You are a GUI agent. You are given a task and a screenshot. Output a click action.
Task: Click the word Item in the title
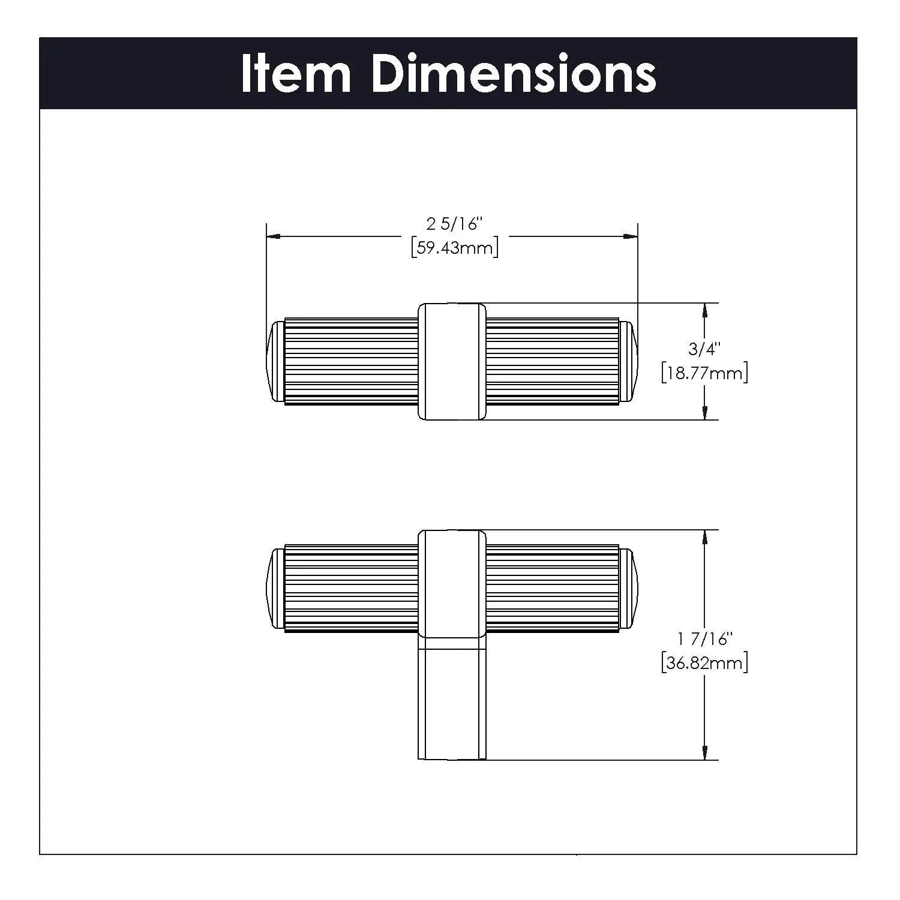point(296,73)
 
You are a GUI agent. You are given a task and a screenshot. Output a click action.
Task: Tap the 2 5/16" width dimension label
point(454,224)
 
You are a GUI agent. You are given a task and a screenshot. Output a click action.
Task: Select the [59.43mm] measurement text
point(455,248)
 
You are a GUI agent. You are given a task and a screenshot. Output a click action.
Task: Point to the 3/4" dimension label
point(704,349)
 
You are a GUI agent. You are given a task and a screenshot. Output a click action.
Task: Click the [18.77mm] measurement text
point(704,373)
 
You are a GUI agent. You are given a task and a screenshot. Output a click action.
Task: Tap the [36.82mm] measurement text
point(704,663)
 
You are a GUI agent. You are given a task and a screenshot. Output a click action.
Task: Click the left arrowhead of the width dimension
point(273,236)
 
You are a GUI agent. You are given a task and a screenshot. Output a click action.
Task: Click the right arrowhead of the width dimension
point(631,236)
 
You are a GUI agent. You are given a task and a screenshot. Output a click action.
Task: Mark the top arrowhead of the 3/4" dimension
point(704,310)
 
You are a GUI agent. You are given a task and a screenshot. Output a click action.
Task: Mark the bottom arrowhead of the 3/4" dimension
point(704,412)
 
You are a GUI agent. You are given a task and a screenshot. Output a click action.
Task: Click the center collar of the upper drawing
point(452,361)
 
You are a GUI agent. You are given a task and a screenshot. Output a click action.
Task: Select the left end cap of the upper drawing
point(275,361)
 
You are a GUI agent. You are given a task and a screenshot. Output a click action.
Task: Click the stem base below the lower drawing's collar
point(452,699)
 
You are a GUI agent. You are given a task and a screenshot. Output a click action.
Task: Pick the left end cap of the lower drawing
point(275,589)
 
